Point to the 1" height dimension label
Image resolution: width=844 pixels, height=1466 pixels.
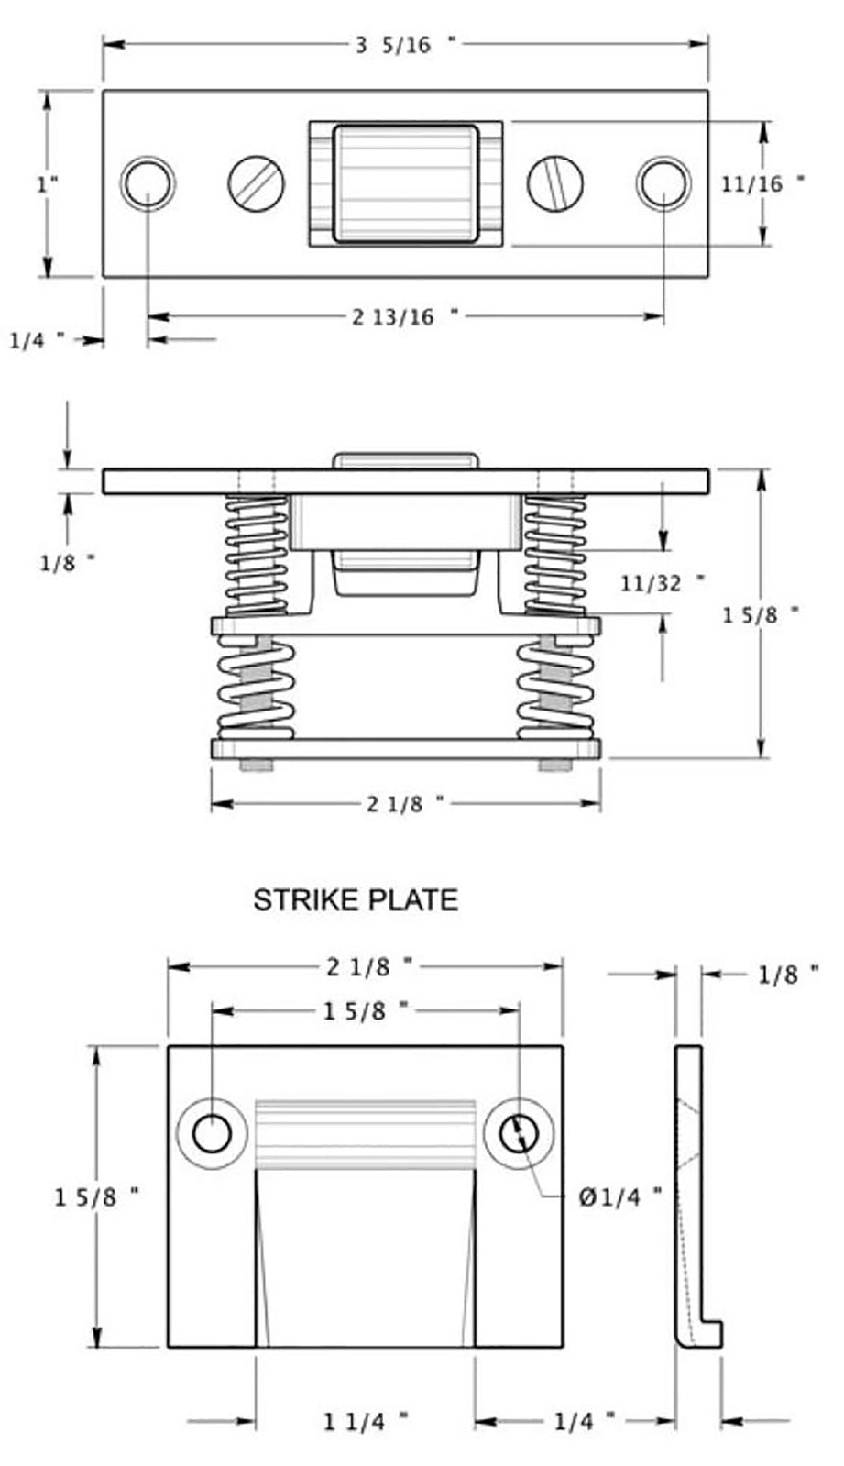pyautogui.click(x=47, y=183)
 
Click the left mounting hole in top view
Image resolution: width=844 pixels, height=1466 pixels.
pyautogui.click(x=147, y=183)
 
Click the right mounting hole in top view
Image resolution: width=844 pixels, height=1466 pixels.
pyautogui.click(x=663, y=183)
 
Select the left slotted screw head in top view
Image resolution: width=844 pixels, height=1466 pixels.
pyautogui.click(x=256, y=183)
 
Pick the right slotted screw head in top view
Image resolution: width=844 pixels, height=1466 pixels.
pyautogui.click(x=555, y=183)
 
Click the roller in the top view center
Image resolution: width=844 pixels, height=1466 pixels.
pyautogui.click(x=404, y=183)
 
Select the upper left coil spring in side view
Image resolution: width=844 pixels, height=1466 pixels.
pyautogui.click(x=257, y=556)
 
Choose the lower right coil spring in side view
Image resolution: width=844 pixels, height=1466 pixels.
pyautogui.click(x=554, y=689)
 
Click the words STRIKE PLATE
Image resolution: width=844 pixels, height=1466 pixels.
pyautogui.click(x=356, y=899)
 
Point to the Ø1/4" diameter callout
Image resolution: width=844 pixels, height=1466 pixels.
pyautogui.click(x=619, y=1196)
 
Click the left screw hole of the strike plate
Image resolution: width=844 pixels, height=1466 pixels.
pyautogui.click(x=212, y=1135)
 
